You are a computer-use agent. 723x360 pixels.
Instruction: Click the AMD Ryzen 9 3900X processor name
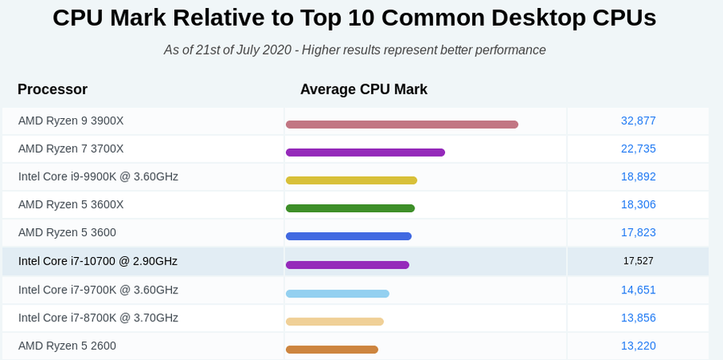(71, 121)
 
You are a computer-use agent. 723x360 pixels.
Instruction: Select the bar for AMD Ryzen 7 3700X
(365, 153)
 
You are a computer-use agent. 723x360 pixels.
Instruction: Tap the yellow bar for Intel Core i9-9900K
(351, 181)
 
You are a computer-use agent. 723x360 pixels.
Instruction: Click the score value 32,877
(639, 121)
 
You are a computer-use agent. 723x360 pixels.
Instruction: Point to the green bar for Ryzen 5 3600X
(350, 209)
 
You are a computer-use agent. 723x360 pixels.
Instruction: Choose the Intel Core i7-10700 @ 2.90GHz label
(98, 261)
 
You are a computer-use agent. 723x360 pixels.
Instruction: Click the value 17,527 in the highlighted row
(639, 261)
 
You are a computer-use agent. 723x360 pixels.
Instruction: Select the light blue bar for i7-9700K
(337, 293)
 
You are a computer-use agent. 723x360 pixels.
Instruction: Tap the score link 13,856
(639, 317)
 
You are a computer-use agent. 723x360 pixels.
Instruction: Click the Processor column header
(52, 89)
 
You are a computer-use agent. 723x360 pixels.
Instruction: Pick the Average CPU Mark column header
(364, 89)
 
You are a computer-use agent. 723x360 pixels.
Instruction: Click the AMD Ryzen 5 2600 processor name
(67, 346)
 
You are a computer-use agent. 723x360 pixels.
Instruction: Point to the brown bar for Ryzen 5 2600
(332, 350)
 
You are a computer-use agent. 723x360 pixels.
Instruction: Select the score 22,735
(639, 149)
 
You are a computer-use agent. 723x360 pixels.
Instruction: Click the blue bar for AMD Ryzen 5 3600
(349, 237)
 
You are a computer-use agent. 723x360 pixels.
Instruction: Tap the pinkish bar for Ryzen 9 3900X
(402, 125)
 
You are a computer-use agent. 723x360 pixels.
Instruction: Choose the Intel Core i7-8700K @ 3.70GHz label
(98, 317)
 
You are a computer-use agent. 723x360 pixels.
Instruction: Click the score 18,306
(639, 205)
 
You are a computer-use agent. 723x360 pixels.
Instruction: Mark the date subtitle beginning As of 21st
(355, 50)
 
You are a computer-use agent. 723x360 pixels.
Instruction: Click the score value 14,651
(639, 289)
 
